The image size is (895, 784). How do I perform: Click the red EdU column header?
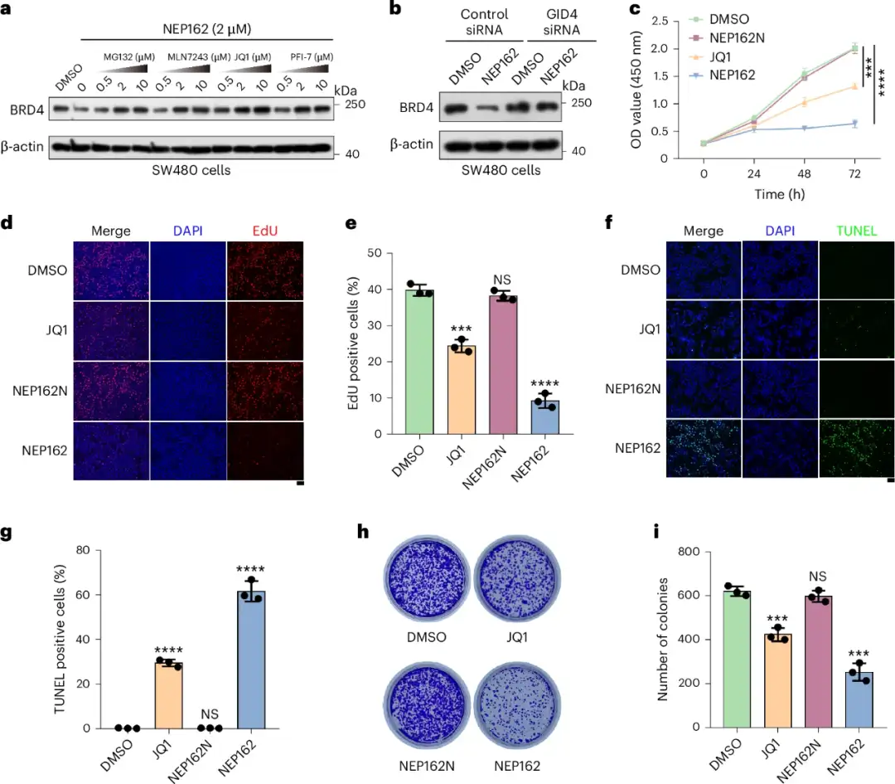click(264, 231)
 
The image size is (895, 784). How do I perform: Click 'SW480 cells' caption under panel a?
click(192, 170)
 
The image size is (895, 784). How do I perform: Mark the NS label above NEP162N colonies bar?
click(816, 577)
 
